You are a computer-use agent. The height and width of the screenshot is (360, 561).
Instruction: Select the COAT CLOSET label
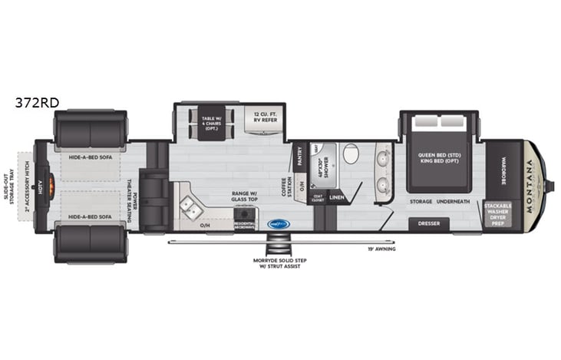(318, 198)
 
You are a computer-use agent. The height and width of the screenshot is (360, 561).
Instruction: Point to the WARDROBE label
(503, 163)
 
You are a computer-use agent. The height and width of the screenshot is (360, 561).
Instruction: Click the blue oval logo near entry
(277, 224)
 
